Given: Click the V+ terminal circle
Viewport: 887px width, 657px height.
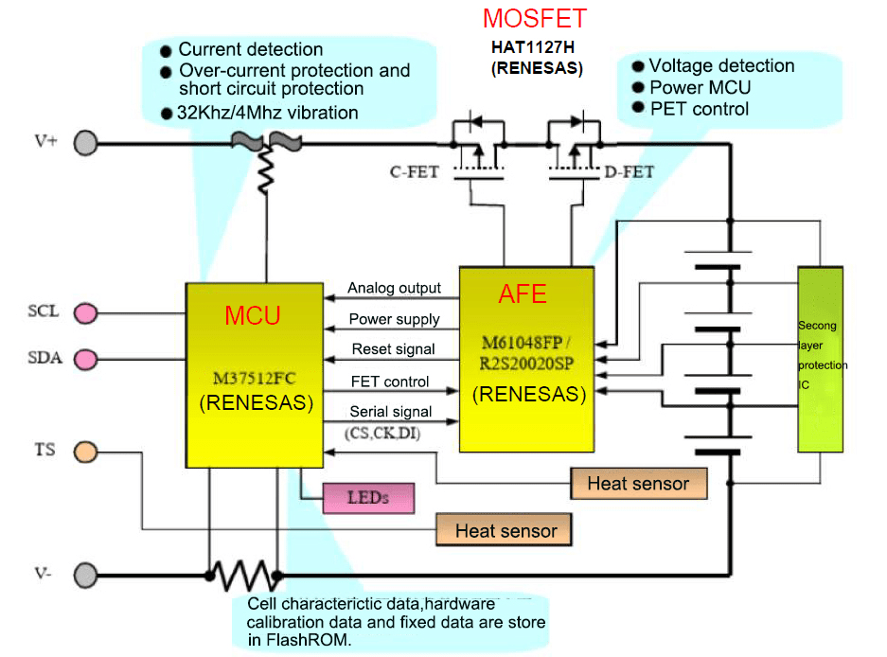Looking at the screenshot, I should (x=86, y=143).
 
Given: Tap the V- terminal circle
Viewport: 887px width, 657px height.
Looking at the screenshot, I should (x=86, y=574).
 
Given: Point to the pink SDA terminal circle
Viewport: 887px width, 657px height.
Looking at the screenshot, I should (x=86, y=360).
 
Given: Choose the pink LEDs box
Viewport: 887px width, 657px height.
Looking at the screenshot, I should (x=369, y=497).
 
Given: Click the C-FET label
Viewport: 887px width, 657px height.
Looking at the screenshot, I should (x=414, y=172).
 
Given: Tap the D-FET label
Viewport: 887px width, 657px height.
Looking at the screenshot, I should (x=629, y=172).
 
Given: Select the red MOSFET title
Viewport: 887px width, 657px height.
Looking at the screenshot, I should (x=535, y=19).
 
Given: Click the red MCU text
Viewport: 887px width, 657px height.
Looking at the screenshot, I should (x=253, y=315).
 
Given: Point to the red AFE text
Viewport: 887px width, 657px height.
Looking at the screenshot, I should (x=523, y=294).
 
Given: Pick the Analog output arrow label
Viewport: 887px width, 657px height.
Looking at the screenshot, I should (x=394, y=288).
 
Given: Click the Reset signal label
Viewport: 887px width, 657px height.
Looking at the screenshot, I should (x=393, y=349).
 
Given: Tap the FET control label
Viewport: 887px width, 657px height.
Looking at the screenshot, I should (x=389, y=382).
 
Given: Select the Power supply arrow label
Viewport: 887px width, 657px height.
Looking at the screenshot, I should (x=394, y=319).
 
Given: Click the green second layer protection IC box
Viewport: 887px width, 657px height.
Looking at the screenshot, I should (x=820, y=359).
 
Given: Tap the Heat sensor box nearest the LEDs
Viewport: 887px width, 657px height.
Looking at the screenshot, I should (x=504, y=530).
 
